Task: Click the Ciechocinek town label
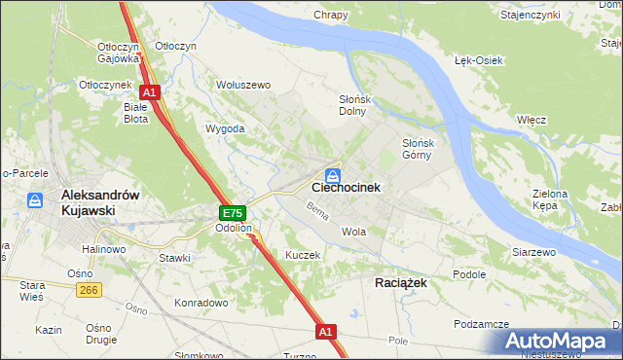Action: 346,187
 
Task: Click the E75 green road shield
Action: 232,213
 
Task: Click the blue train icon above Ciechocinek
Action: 333,175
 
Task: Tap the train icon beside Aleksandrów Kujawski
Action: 35,200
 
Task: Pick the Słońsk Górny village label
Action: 424,149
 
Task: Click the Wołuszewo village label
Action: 242,85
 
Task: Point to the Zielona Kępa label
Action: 550,200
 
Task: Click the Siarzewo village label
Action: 533,252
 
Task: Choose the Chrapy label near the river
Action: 331,15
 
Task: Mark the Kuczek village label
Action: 303,254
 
